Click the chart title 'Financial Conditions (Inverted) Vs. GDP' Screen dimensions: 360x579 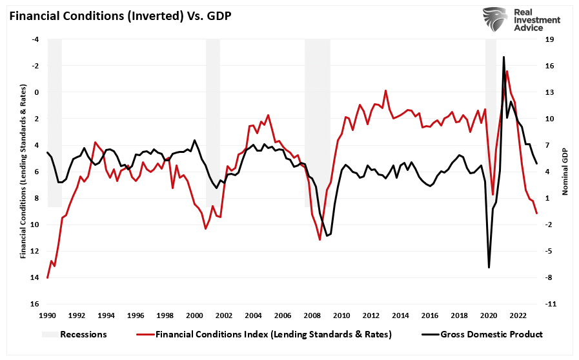point(119,15)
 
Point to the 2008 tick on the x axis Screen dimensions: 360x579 point(312,315)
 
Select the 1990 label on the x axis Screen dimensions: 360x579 point(48,315)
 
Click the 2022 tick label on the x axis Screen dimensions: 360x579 point(518,315)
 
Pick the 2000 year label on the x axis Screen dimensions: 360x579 point(194,315)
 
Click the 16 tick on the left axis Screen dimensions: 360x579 point(36,304)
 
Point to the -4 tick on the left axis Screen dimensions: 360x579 point(36,39)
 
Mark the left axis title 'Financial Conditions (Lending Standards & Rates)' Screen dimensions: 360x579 point(23,172)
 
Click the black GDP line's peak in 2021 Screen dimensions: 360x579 point(503,57)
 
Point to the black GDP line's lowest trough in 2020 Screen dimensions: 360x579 point(489,267)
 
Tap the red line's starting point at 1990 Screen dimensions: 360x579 point(48,277)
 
